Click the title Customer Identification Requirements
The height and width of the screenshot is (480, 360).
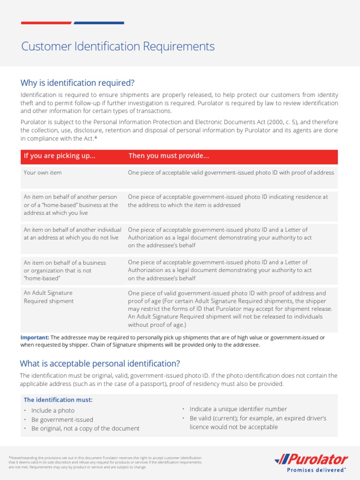point(118,46)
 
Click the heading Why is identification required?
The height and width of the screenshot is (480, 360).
point(77,83)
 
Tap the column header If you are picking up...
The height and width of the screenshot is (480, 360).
point(60,156)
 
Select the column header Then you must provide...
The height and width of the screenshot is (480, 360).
point(169,156)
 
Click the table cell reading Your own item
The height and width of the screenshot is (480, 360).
point(43,172)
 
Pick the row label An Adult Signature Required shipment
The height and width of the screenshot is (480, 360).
point(49,297)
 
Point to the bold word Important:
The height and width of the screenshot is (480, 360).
point(35,337)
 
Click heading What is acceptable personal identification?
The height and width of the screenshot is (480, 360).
point(100,364)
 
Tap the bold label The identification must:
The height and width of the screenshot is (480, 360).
point(58,400)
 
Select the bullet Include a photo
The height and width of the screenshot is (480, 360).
point(52,411)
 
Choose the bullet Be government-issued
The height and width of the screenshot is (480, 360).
point(62,420)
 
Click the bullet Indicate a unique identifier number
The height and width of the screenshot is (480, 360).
point(238,409)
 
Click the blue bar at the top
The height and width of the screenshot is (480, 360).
point(99,22)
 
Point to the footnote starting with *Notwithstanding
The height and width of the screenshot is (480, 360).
point(105,462)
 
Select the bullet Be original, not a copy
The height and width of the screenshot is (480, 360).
point(85,428)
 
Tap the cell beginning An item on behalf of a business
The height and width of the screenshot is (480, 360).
point(65,270)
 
